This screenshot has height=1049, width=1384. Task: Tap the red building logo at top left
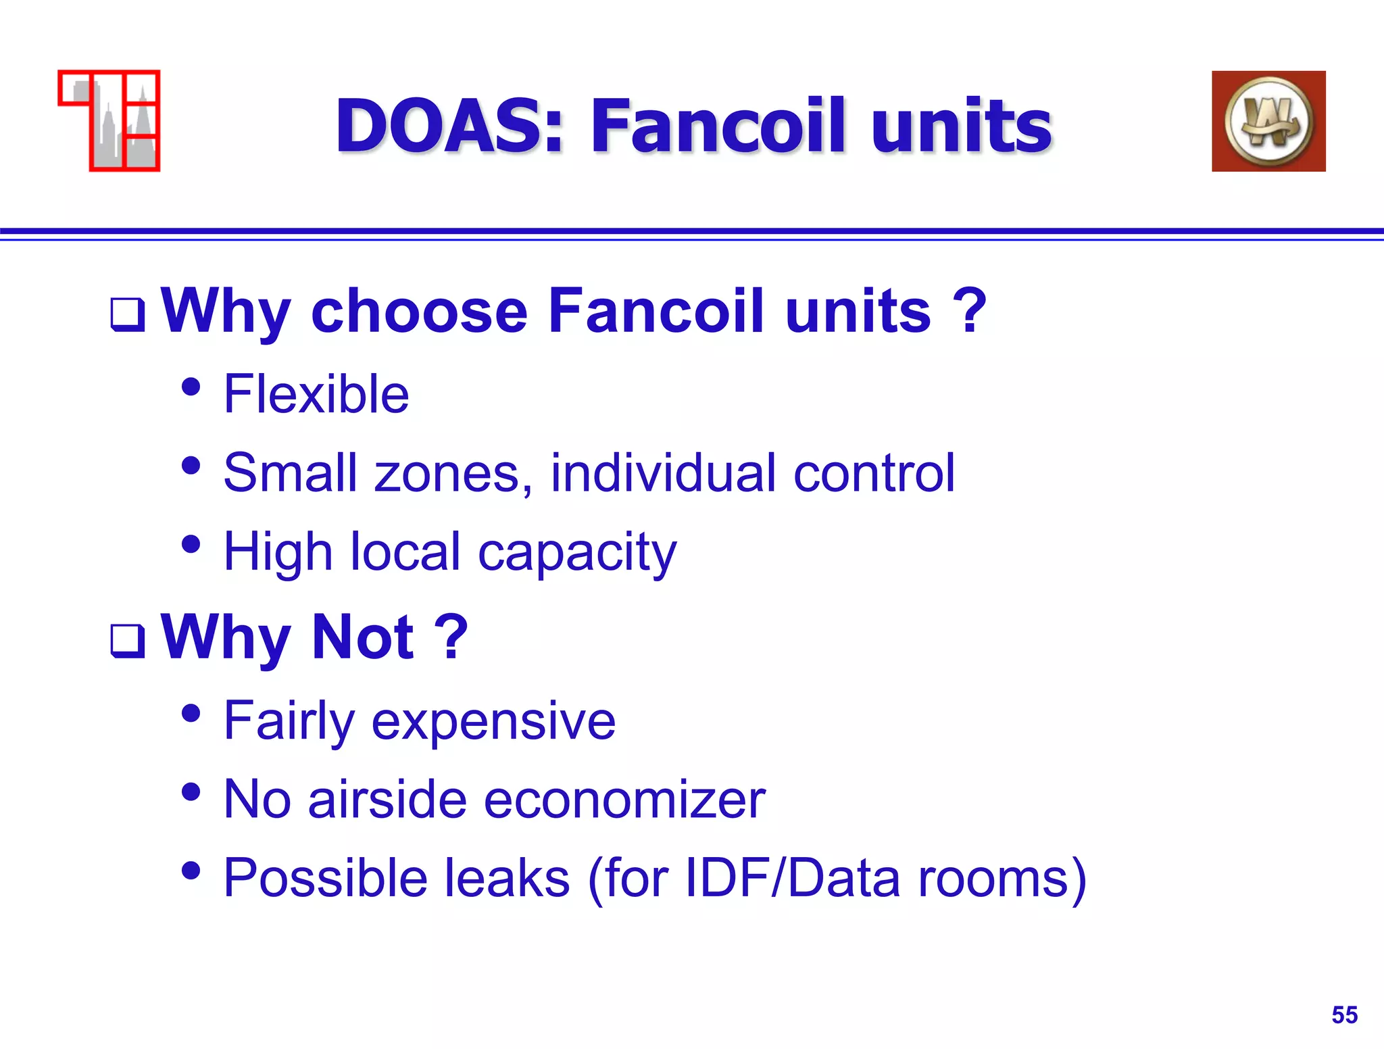109,121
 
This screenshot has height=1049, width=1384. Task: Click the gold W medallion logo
1268,121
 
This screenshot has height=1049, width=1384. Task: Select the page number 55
1344,1015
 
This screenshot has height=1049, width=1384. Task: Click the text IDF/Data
793,878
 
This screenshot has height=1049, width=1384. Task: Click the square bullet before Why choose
128,314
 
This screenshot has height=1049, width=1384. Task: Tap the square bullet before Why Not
128,641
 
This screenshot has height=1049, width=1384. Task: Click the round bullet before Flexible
191,387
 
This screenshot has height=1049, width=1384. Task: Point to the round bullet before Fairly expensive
191,713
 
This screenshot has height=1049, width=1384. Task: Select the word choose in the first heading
419,311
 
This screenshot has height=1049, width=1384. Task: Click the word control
874,473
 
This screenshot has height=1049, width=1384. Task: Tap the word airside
387,800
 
